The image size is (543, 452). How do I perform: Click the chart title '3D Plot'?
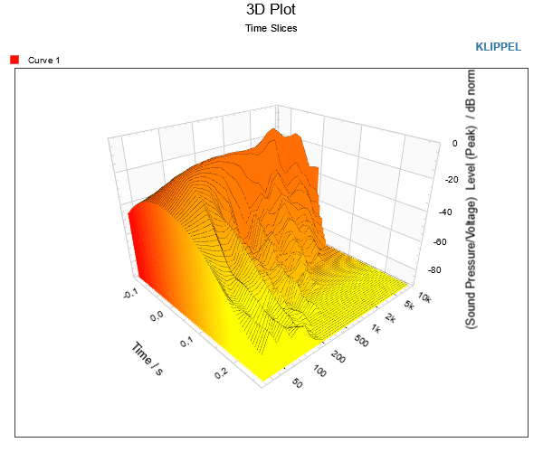(271, 9)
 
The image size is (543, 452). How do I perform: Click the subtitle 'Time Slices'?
(271, 28)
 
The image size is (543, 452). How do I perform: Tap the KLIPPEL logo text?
(498, 47)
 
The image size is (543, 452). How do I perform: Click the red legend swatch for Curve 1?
(14, 60)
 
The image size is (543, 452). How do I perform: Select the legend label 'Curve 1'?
(43, 61)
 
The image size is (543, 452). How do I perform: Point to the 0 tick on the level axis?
(454, 143)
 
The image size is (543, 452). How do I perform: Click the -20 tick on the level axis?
(452, 180)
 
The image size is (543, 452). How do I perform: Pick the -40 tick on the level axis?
(445, 212)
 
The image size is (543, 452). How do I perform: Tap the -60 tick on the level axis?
(440, 241)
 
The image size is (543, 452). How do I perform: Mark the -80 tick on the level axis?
(434, 269)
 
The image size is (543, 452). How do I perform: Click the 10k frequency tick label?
(424, 297)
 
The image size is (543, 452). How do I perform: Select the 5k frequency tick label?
(409, 305)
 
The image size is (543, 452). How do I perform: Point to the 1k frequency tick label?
(376, 328)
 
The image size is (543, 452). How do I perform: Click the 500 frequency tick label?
(361, 342)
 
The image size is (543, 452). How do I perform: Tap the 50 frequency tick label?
(298, 383)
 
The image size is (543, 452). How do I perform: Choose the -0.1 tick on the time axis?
(130, 294)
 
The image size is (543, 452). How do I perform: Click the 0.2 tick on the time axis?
(221, 373)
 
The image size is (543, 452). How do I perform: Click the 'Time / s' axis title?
(148, 358)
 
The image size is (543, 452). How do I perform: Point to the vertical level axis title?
(471, 199)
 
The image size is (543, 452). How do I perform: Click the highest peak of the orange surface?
(274, 129)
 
